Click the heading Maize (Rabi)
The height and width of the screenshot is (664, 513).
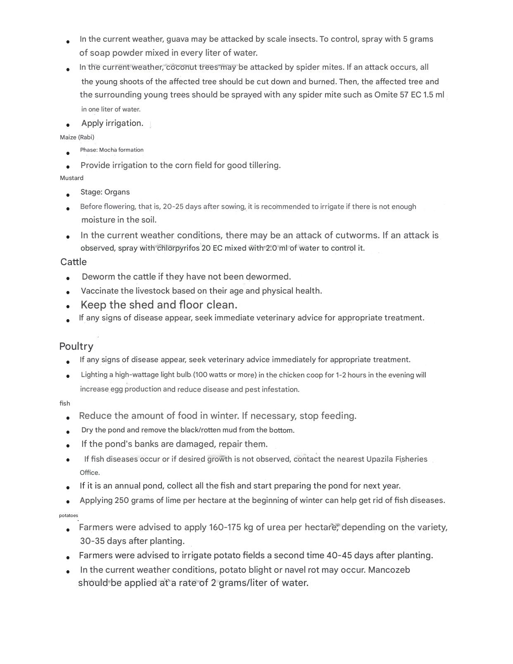tap(77, 137)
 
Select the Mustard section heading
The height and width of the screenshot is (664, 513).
tap(71, 178)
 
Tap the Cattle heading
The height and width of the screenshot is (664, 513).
tap(74, 262)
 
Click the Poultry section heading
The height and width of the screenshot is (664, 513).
tap(76, 346)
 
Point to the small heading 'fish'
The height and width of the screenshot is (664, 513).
tap(65, 403)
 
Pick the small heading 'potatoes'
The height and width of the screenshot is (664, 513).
tap(68, 515)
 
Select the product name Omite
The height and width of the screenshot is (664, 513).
tap(386, 95)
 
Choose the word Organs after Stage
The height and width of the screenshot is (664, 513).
tap(117, 192)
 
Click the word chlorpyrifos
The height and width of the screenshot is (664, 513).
tap(178, 248)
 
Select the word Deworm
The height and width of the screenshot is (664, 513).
tap(98, 277)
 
